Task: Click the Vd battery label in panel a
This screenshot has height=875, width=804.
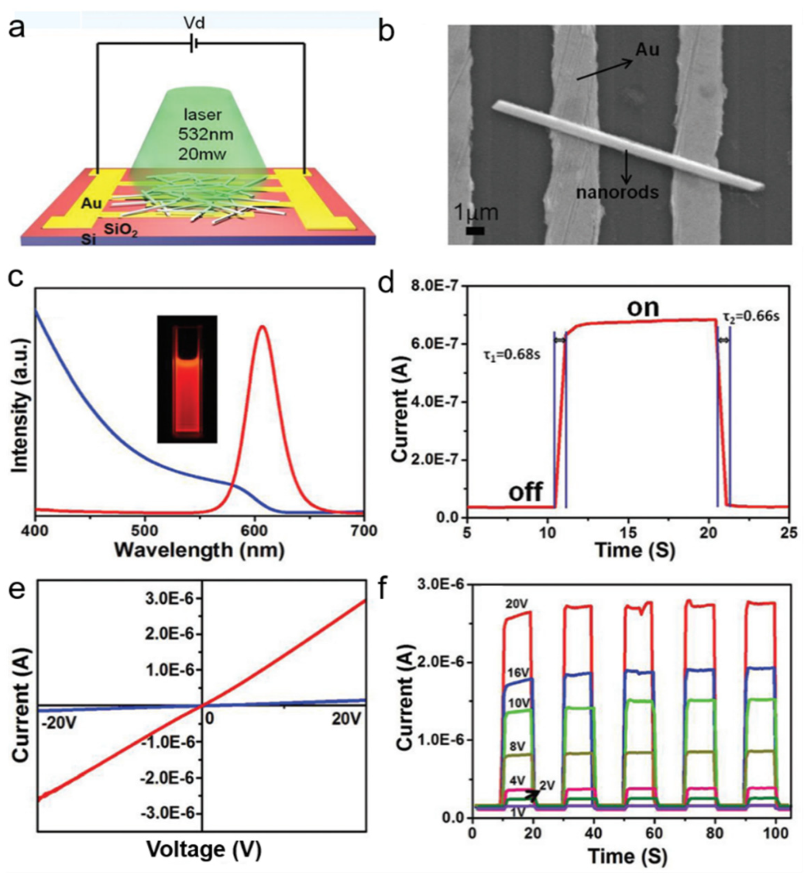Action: coord(194,23)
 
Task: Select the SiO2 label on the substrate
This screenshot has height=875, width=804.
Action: coord(120,229)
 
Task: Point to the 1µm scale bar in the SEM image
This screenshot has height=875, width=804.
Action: coord(475,231)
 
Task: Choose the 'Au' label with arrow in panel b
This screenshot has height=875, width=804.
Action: coord(647,50)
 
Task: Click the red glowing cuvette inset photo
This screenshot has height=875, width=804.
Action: coord(187,379)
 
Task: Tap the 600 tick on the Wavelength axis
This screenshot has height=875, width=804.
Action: coord(255,531)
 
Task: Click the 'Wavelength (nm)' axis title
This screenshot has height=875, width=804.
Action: coord(199,550)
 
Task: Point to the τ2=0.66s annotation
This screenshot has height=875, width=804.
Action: coord(751,316)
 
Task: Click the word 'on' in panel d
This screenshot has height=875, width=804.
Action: coord(643,308)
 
